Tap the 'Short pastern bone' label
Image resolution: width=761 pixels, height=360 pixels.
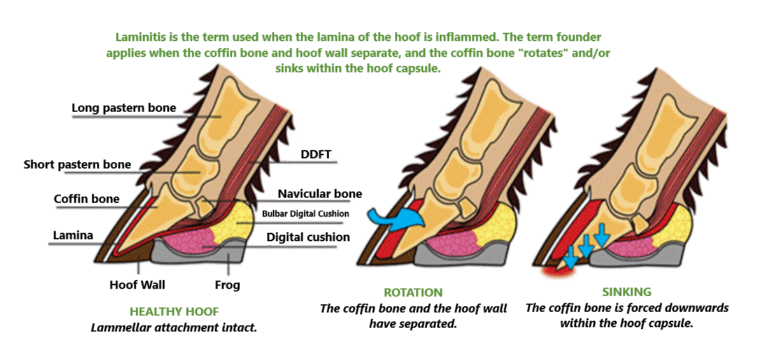(x=77, y=164)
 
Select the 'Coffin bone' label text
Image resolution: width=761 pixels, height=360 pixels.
(x=86, y=199)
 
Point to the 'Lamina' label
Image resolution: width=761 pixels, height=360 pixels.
(x=73, y=235)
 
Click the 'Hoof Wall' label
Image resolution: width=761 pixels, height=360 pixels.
(x=137, y=285)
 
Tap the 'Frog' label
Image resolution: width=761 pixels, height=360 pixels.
(x=227, y=285)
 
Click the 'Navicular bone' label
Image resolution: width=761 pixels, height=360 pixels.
(x=320, y=194)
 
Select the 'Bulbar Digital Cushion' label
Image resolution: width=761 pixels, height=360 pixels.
(x=305, y=214)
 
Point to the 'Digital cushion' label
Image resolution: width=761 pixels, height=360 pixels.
(x=308, y=237)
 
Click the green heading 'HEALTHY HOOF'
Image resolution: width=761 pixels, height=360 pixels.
(x=174, y=312)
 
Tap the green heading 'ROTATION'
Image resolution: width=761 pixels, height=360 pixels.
(x=413, y=293)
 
